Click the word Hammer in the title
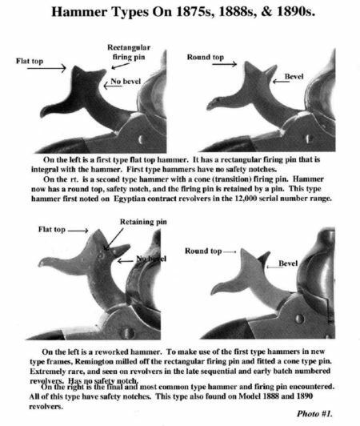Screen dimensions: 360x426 [x=79, y=11]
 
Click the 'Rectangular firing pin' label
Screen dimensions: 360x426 [x=129, y=52]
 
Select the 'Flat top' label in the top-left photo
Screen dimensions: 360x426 [x=30, y=61]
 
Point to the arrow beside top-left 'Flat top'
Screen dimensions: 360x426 [x=46, y=68]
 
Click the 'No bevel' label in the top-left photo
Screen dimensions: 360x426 [x=126, y=81]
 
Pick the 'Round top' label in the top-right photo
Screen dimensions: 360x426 [x=206, y=57]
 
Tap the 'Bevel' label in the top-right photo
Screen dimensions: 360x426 [x=294, y=76]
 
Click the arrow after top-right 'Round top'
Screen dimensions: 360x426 [x=225, y=64]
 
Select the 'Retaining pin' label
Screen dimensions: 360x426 [x=143, y=222]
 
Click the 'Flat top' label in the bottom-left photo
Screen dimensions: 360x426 [x=51, y=230]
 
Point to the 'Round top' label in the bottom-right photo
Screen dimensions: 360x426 [x=203, y=251]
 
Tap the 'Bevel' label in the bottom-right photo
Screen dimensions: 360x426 [x=288, y=263]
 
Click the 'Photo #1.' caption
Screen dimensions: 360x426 [x=314, y=413]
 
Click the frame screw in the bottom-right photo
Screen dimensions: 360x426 [x=299, y=319]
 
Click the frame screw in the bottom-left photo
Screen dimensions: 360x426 [x=128, y=332]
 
